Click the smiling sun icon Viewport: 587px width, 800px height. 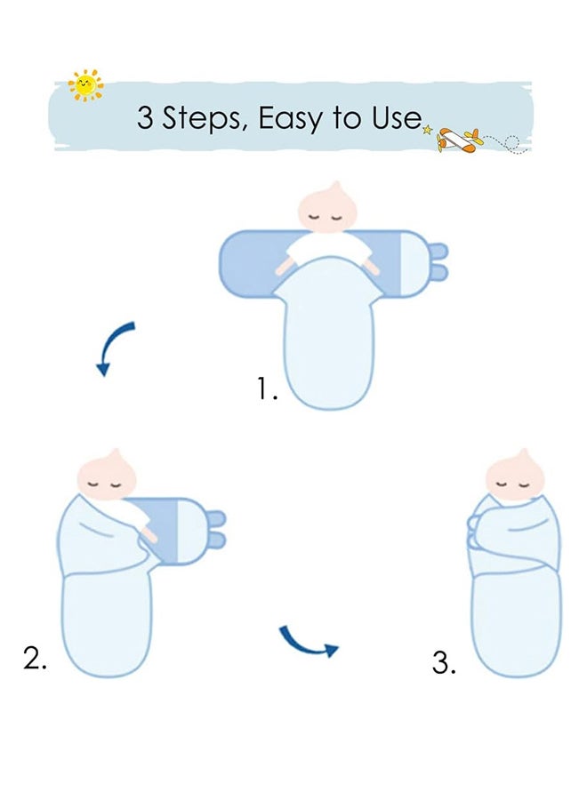click(x=85, y=85)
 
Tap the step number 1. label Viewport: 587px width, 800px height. click(x=268, y=388)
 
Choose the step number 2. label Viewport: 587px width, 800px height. click(x=35, y=658)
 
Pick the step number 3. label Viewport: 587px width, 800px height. click(x=444, y=662)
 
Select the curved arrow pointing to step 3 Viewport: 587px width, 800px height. click(x=308, y=642)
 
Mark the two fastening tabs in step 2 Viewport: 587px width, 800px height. click(x=216, y=529)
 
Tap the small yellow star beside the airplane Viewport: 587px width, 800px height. click(x=428, y=130)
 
